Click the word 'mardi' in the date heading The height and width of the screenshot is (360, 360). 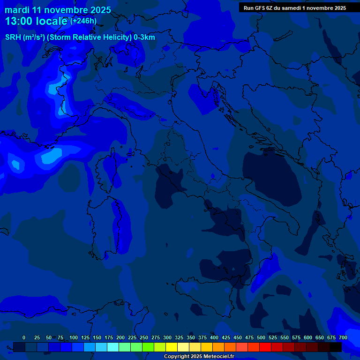[x=17, y=10]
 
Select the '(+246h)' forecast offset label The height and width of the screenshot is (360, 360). [x=83, y=21]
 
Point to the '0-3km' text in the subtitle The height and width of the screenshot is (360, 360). [x=144, y=37]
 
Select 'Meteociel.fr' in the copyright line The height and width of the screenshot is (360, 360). [x=216, y=357]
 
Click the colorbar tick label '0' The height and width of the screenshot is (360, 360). [x=24, y=337]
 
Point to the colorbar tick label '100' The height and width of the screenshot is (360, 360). [x=74, y=337]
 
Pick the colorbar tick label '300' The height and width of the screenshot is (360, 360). [x=167, y=337]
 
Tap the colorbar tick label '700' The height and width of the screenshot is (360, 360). [x=343, y=337]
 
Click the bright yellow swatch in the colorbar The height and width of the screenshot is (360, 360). [x=172, y=347]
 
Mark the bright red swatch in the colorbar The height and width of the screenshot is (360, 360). [x=265, y=347]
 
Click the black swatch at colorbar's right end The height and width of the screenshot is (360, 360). [x=336, y=347]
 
